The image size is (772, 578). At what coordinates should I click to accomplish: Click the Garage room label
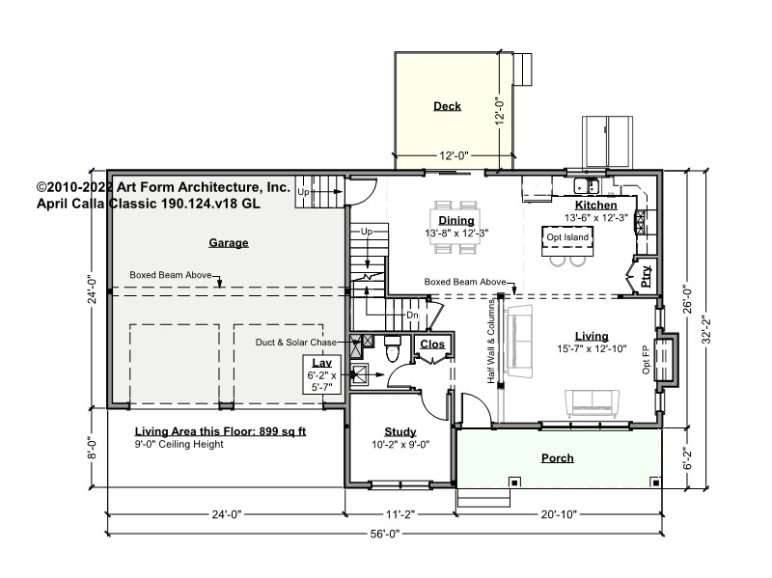229,243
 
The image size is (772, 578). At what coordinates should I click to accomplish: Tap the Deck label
447,106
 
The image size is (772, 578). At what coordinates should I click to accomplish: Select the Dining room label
456,221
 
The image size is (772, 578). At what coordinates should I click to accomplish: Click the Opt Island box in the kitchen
567,240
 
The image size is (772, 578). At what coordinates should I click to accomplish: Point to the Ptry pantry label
646,276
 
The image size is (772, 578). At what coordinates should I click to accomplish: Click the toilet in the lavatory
393,348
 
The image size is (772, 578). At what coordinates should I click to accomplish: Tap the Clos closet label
432,344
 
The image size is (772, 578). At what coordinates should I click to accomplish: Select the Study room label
400,431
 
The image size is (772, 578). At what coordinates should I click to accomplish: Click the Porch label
558,458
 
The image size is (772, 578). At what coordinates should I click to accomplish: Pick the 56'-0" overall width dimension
385,534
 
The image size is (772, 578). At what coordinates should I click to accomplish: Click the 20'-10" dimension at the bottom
559,514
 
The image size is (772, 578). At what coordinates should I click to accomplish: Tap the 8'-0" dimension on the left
92,448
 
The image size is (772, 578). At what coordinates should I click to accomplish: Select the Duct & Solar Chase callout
296,343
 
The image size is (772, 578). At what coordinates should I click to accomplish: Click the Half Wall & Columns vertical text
491,341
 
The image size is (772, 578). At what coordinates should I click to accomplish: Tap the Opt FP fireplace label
647,360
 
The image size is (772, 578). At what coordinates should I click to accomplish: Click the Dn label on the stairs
412,316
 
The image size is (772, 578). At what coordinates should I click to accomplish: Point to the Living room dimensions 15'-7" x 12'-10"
592,349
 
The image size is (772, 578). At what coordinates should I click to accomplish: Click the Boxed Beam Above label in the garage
171,275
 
